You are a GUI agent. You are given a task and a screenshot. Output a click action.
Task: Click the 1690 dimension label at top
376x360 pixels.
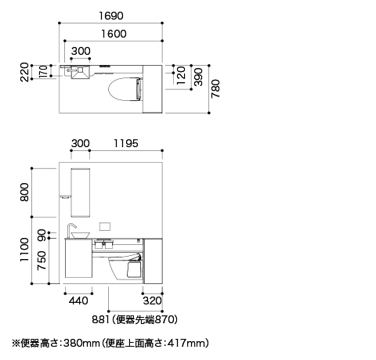[x=111, y=16]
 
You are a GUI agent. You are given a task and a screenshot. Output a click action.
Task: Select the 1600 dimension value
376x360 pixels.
[x=114, y=34]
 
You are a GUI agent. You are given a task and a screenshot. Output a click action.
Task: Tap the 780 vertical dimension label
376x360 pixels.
[x=215, y=88]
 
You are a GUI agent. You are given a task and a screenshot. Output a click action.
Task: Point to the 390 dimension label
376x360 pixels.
[x=199, y=77]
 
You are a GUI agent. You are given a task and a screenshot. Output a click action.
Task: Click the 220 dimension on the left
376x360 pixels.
[x=24, y=72]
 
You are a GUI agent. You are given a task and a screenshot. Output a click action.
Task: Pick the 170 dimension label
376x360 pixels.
[x=43, y=71]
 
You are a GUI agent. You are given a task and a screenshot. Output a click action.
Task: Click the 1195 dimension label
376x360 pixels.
[x=126, y=143]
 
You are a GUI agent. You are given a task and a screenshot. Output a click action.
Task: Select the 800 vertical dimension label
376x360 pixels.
[x=24, y=193]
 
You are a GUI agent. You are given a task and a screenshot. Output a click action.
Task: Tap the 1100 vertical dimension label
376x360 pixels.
[x=24, y=250]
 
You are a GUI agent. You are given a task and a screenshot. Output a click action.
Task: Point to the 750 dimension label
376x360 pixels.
[x=42, y=261]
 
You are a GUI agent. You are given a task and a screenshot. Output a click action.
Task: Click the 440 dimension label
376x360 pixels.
[x=78, y=301]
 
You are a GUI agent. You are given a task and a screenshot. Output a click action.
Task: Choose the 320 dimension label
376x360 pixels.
[x=152, y=301]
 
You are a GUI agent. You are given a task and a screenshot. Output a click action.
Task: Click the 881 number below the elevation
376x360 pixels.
[x=100, y=319]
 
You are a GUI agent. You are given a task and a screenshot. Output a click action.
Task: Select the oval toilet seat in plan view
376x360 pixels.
[x=125, y=88]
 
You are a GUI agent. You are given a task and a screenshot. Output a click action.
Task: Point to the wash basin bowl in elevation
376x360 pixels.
[x=81, y=236]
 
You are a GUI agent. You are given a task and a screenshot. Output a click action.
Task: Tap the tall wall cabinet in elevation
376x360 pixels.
[x=81, y=193]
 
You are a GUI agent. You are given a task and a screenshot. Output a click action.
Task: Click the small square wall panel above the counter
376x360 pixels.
[x=105, y=227]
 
